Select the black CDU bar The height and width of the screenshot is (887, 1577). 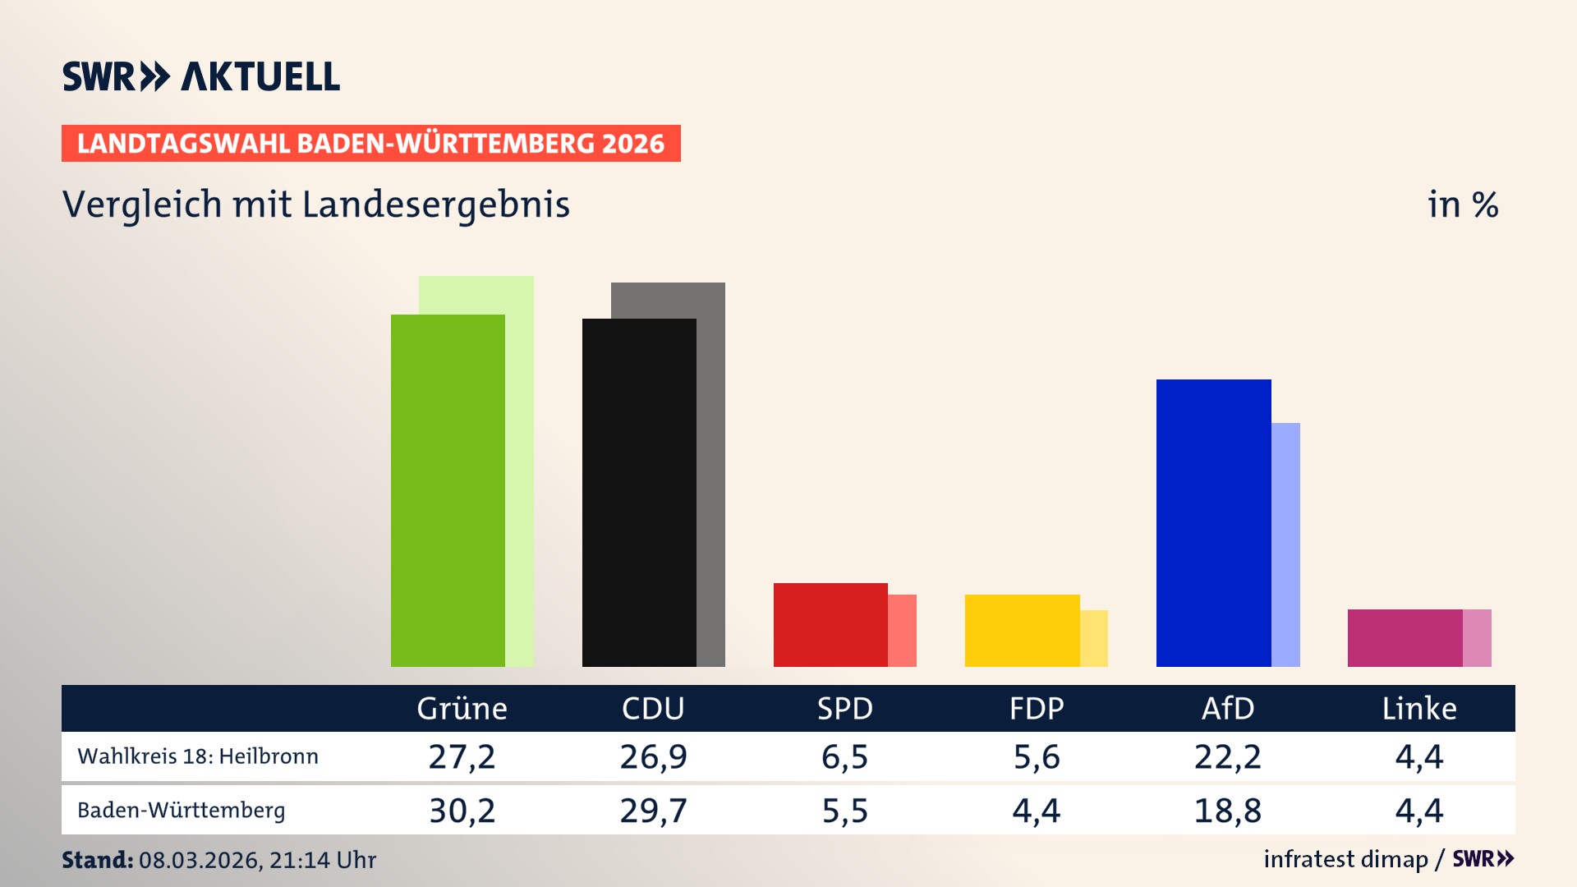[639, 493]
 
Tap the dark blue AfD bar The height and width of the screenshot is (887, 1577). [1213, 523]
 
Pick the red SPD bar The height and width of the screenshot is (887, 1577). [830, 624]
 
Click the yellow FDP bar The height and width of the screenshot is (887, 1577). [1022, 630]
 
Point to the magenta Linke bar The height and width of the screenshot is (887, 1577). [1405, 637]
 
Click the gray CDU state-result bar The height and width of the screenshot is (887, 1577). [711, 476]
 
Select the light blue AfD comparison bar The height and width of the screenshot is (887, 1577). [1286, 544]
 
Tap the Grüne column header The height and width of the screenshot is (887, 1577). [462, 708]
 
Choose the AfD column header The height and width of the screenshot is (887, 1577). [1227, 708]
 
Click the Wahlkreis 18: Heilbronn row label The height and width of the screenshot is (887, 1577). [198, 756]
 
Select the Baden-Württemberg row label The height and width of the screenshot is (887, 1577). [182, 811]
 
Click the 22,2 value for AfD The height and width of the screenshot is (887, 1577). [1227, 756]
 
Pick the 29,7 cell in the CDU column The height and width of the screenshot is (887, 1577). [653, 811]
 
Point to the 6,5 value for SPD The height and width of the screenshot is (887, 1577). [844, 756]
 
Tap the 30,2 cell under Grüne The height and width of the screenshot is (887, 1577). [462, 811]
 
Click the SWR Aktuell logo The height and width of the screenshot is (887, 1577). [201, 76]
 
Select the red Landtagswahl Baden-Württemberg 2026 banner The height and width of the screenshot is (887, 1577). [370, 144]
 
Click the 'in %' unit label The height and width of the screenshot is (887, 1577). [1462, 205]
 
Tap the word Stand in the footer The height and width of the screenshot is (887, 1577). [97, 860]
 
